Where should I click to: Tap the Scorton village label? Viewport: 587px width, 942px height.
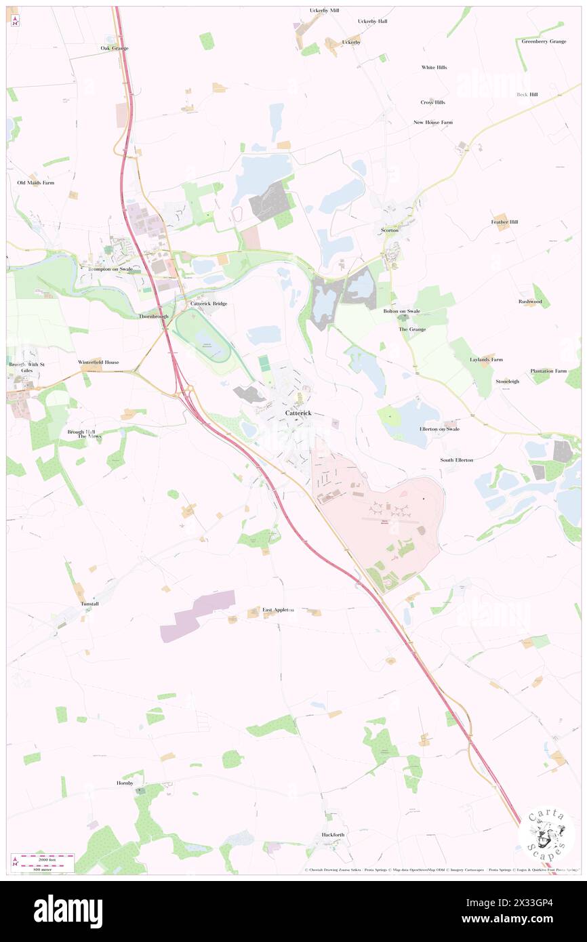pos(390,230)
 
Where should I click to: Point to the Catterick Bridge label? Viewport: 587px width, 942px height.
pos(209,304)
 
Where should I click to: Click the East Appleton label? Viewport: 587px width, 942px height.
pos(279,610)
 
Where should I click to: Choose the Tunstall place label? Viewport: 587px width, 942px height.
pos(90,603)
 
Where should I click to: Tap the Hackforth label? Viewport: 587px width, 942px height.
pos(333,835)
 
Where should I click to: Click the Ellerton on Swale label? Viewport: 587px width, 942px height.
pos(439,429)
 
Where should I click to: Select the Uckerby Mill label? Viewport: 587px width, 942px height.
pos(324,11)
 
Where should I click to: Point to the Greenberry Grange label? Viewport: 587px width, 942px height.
pos(544,41)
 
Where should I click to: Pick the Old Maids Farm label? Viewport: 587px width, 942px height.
pos(36,183)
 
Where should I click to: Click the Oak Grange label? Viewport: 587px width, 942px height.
pos(115,48)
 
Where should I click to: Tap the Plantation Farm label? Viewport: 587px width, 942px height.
pos(548,371)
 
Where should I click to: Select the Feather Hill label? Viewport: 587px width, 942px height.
pos(504,222)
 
